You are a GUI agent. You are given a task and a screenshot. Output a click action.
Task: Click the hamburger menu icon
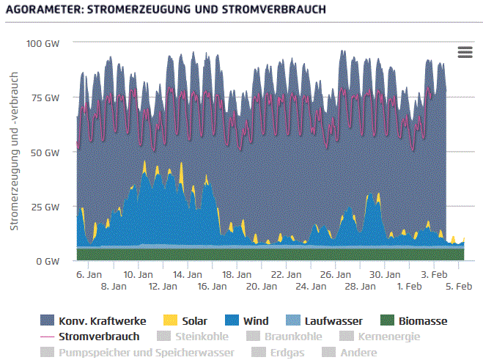(465, 51)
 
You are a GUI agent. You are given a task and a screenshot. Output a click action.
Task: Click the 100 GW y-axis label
(43, 43)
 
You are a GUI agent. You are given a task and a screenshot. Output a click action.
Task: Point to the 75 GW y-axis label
(45, 98)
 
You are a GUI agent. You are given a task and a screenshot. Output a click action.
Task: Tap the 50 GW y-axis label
(45, 152)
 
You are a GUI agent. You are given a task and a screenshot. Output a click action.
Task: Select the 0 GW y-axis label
(48, 261)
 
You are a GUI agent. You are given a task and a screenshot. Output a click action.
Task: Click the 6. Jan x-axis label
(89, 274)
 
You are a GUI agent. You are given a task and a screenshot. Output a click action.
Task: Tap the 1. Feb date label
(410, 287)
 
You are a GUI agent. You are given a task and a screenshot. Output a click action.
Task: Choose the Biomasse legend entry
(414, 320)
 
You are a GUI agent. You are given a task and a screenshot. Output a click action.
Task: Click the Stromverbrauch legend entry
(99, 337)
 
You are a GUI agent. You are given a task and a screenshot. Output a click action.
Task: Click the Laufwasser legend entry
(324, 320)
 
